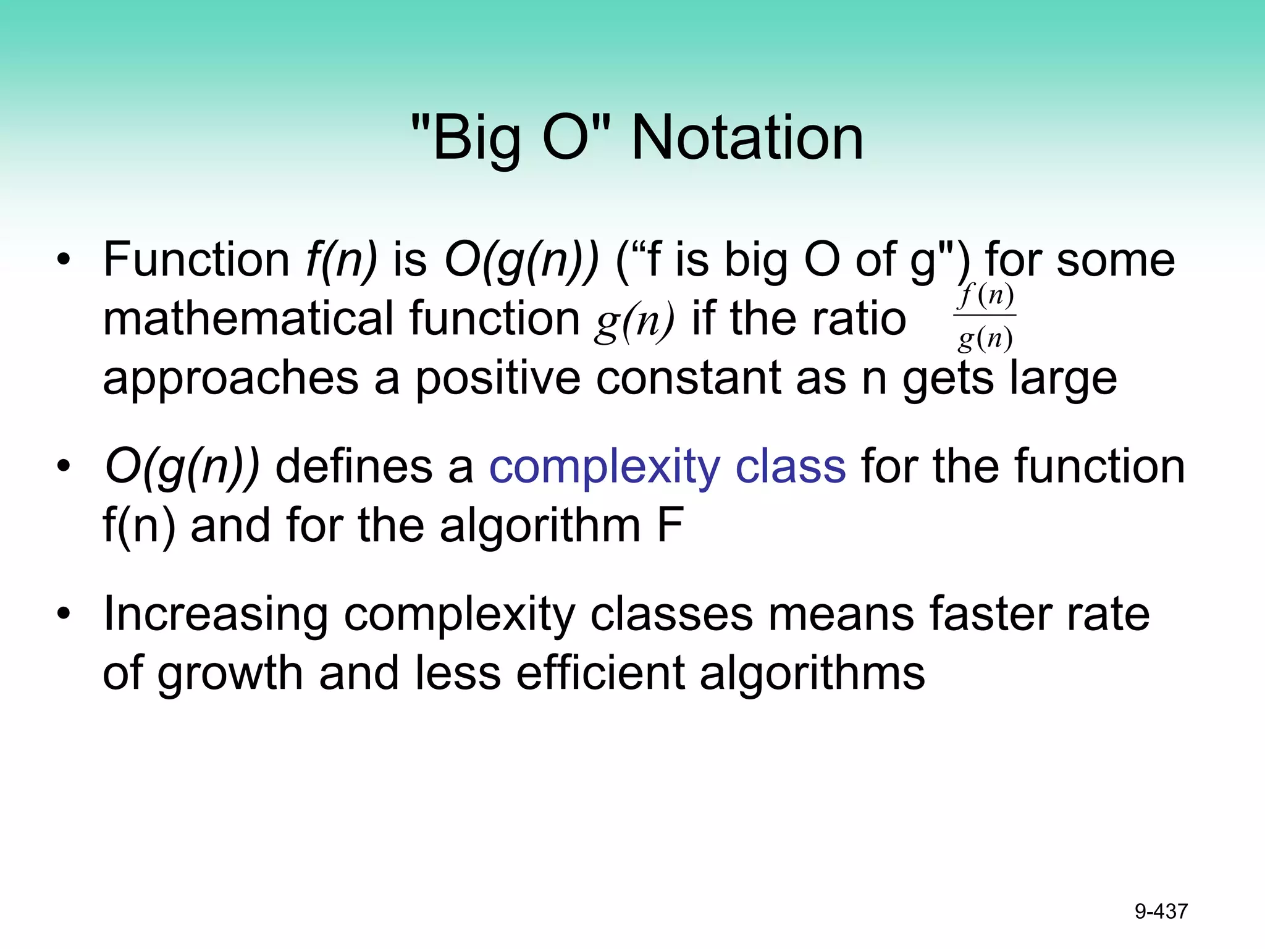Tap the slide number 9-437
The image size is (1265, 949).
[x=1161, y=911]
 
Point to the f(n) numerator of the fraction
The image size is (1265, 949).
[x=985, y=296]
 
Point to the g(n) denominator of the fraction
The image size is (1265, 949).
[x=985, y=338]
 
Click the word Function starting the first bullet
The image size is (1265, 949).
[x=196, y=259]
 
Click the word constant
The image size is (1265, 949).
[x=688, y=378]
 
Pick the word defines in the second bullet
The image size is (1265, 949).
[x=353, y=467]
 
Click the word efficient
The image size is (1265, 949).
[x=600, y=673]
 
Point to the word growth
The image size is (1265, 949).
[x=230, y=673]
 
